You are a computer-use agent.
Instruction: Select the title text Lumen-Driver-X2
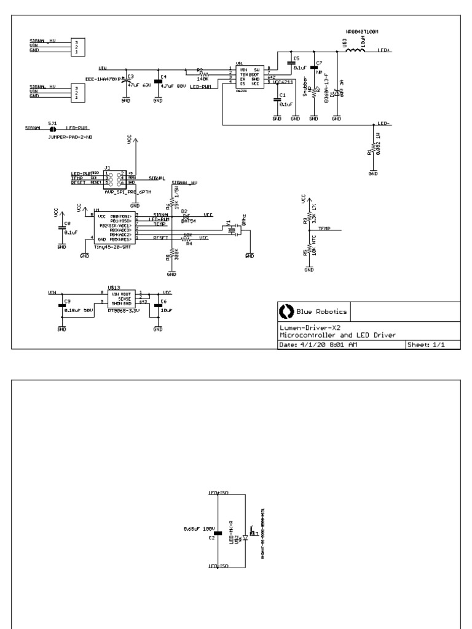tap(307, 327)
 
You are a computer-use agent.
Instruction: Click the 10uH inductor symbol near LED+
tap(356, 50)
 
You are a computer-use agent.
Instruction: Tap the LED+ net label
tap(384, 50)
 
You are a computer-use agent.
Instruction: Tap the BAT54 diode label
tap(188, 221)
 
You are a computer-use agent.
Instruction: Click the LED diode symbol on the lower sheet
tap(245, 536)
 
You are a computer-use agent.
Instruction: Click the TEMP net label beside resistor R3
tap(324, 228)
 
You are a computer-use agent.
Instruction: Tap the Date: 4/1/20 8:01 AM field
tap(318, 345)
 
